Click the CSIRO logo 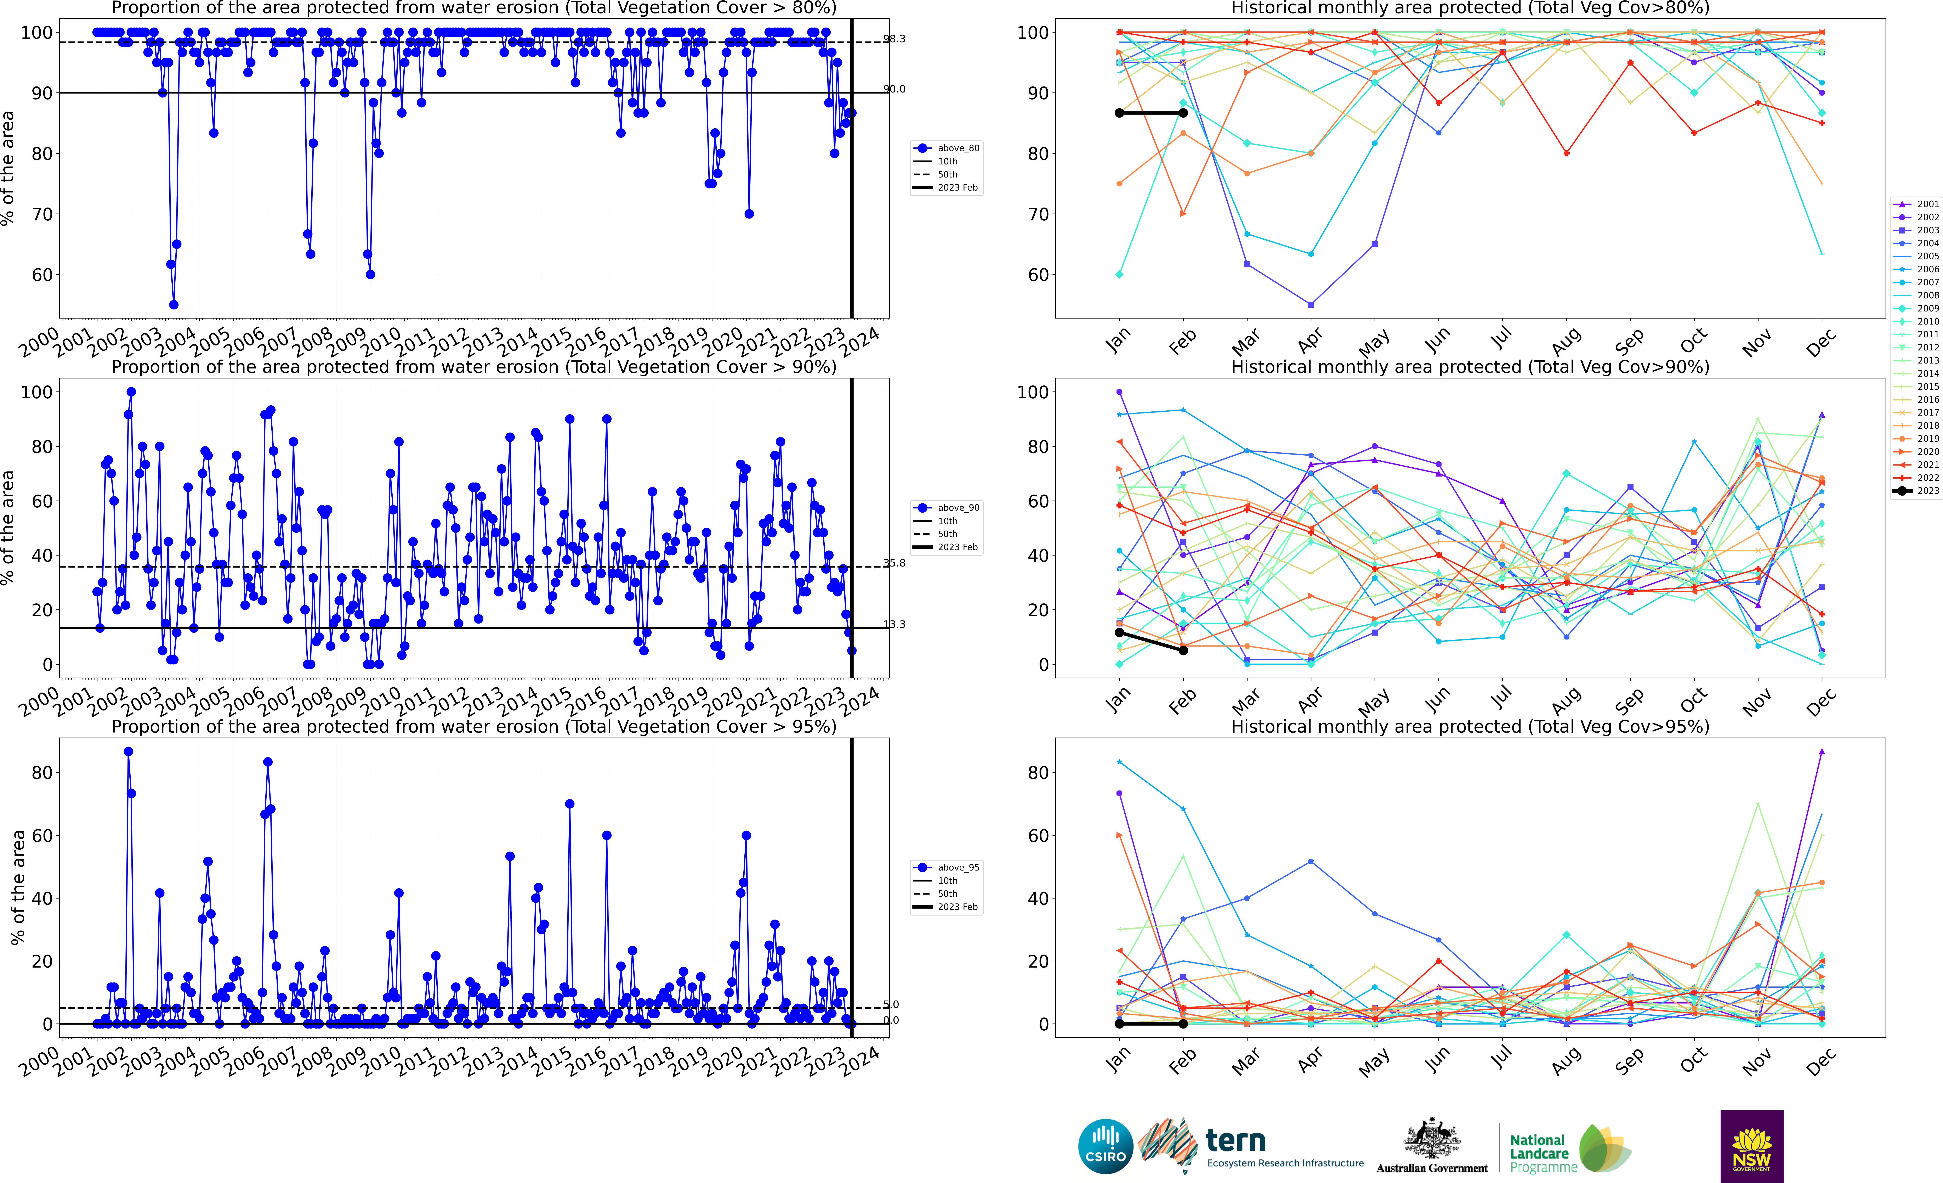tap(1106, 1146)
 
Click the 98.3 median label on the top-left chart tap(894, 39)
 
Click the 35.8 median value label tap(894, 563)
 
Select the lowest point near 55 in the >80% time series tap(174, 304)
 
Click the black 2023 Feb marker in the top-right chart tap(1183, 113)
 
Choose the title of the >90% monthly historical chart tap(1470, 367)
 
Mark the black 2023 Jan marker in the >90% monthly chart tap(1119, 632)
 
